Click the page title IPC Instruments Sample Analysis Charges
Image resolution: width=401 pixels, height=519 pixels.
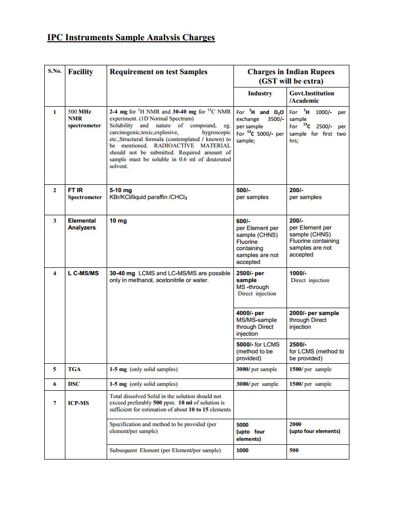click(131, 37)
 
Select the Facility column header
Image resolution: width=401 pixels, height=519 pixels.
click(80, 72)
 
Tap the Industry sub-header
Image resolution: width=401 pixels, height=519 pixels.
click(259, 93)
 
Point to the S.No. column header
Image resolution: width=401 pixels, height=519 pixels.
click(55, 71)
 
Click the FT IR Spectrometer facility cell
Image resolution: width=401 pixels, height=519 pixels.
click(85, 194)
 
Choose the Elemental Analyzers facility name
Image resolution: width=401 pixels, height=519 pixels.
click(82, 224)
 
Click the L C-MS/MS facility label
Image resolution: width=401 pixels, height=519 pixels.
click(83, 273)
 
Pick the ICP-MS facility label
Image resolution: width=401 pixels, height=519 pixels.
click(79, 403)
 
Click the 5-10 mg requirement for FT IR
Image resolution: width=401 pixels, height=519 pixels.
click(120, 190)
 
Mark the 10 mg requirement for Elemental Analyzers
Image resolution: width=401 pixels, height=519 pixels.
click(118, 221)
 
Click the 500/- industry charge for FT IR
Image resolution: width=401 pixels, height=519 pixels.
click(243, 190)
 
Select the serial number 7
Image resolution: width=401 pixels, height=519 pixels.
click(55, 403)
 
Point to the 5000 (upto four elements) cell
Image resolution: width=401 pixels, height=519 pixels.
click(251, 432)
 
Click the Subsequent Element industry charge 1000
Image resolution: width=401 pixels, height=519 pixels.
click(242, 450)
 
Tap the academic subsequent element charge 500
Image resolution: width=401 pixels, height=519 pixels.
click(294, 450)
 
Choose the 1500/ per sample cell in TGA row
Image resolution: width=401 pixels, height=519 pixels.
click(310, 369)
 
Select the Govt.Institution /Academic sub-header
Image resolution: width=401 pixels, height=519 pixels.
click(312, 97)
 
